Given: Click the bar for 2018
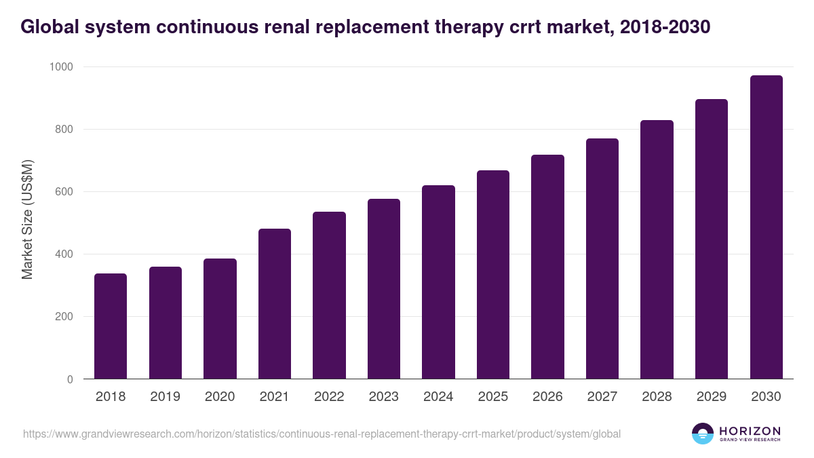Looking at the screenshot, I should tap(111, 326).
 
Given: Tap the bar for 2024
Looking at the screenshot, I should tap(438, 282).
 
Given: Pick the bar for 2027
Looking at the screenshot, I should tap(602, 259).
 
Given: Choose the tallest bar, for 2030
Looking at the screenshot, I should tap(766, 227).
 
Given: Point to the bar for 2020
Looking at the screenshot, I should tap(220, 319).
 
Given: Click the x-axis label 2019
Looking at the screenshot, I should tap(165, 397).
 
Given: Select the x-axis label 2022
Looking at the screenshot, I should tap(329, 397).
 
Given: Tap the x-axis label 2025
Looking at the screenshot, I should tap(492, 397).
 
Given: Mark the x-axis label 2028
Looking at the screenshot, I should tap(657, 397).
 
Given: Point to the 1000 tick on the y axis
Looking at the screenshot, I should tap(60, 67).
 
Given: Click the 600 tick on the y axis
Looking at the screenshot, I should tap(64, 192).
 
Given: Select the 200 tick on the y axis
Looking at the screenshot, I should tap(64, 317).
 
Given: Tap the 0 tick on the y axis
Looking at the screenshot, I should tap(70, 380).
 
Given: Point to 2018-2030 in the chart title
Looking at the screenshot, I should tap(665, 26).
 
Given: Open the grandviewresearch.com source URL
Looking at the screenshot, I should tap(322, 434).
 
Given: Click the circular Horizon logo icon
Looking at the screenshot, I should tap(703, 434).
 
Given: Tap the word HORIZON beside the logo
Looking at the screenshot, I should tap(750, 431).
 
